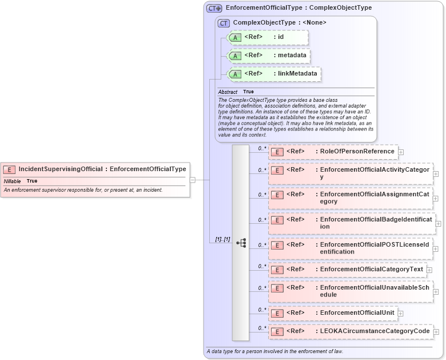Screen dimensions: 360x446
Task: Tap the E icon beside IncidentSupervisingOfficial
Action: (x=9, y=169)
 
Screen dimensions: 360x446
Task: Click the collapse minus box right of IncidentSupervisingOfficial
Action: (x=193, y=180)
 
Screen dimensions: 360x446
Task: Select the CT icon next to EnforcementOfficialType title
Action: (x=214, y=8)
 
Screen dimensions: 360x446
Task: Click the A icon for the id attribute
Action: (x=234, y=38)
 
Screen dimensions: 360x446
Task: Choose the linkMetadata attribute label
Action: (x=297, y=74)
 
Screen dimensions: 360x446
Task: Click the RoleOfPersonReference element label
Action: (x=357, y=152)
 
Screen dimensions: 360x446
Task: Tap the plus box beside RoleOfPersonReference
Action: (x=401, y=152)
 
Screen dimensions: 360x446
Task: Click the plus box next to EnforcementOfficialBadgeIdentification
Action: (x=439, y=223)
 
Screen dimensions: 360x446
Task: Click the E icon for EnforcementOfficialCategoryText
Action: (x=277, y=270)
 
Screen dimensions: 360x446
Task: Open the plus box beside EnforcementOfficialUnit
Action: (x=400, y=314)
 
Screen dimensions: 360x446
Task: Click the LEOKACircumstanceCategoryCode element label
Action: (x=375, y=331)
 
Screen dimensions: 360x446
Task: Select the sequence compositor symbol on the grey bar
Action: (x=241, y=243)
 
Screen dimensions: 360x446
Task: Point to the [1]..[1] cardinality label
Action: (x=222, y=239)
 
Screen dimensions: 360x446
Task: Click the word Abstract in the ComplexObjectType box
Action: (x=228, y=92)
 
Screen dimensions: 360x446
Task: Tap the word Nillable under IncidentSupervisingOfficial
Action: (x=12, y=181)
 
